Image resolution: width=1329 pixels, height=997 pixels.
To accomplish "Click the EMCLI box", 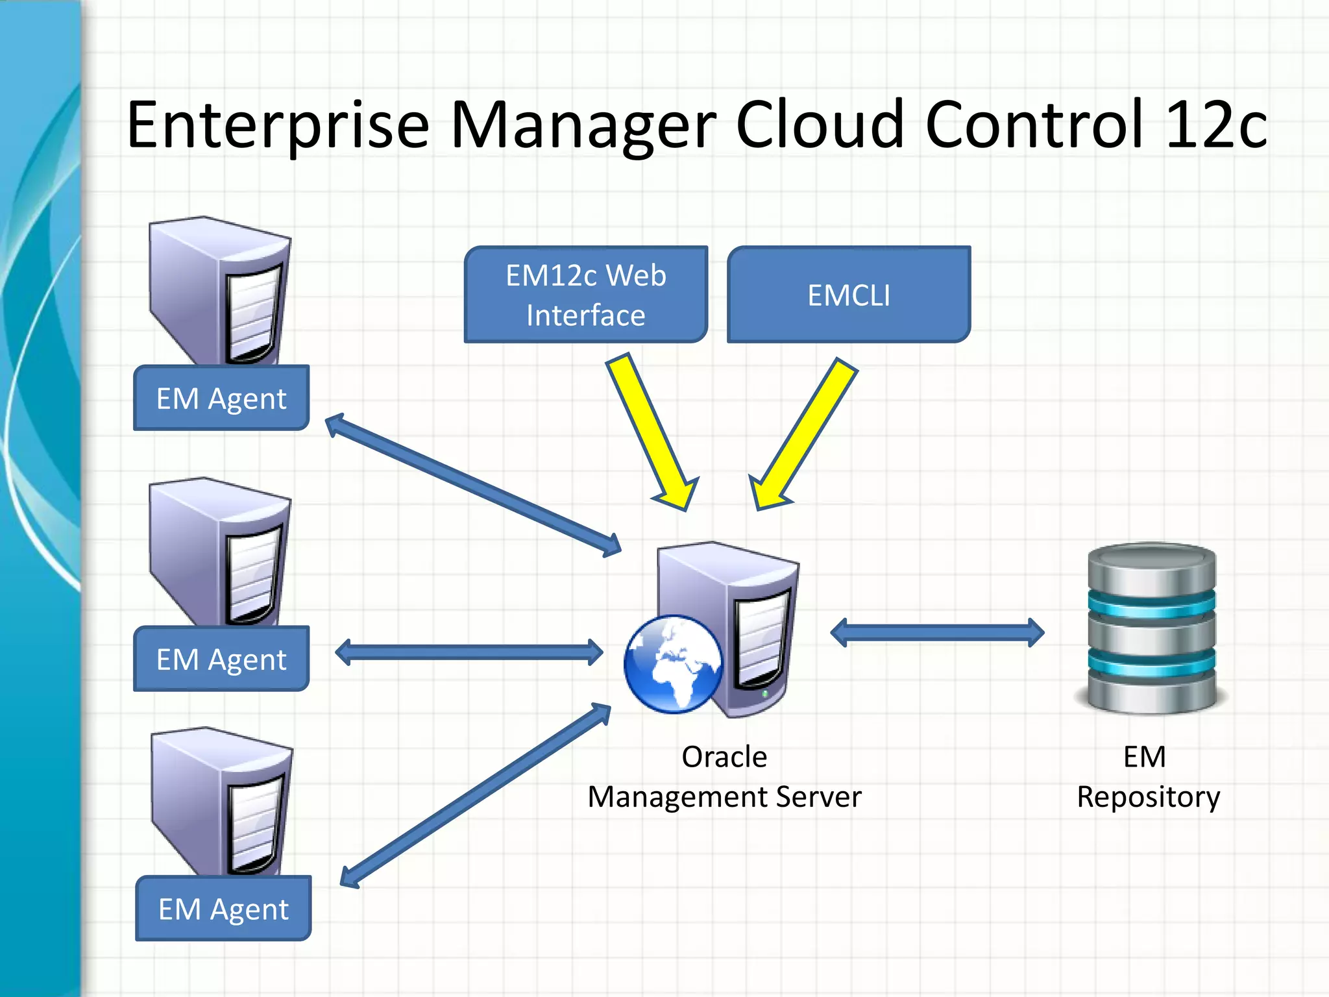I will point(849,295).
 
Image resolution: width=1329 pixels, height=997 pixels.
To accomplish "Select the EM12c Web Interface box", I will point(585,295).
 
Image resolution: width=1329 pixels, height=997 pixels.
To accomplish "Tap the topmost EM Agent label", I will point(221,398).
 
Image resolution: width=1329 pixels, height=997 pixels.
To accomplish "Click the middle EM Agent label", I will point(221,659).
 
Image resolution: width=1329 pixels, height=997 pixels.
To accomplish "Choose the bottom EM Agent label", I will point(223,909).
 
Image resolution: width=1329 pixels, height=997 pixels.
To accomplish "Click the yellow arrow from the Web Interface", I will point(652,432).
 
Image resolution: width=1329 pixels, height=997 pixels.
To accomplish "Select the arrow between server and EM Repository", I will point(937,632).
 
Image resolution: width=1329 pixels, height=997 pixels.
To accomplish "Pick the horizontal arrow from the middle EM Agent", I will point(469,652).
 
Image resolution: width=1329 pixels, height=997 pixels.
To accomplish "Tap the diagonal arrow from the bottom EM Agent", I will point(476,795).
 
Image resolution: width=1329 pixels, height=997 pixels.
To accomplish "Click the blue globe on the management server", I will point(673,664).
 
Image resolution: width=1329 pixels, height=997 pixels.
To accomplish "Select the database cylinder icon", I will point(1151,628).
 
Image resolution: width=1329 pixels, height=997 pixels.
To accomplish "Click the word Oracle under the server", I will point(724,757).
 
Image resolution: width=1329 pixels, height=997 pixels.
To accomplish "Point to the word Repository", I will point(1148,797).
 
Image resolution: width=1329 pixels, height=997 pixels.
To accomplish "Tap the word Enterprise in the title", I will point(278,125).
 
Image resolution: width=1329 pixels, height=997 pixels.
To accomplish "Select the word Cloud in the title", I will point(819,125).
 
